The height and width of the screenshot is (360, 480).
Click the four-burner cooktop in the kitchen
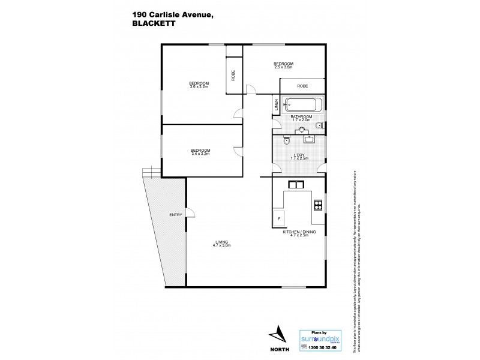pyautogui.click(x=317, y=206)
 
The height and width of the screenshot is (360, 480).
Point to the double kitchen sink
pyautogui.click(x=297, y=184)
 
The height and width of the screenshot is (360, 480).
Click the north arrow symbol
pyautogui.click(x=278, y=334)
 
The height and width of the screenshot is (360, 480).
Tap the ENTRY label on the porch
pyautogui.click(x=175, y=215)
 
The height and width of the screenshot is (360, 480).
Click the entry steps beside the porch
pyautogui.click(x=151, y=173)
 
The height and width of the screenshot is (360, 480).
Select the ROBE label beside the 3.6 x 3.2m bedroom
pyautogui.click(x=233, y=76)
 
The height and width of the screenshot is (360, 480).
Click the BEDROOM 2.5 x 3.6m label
pyautogui.click(x=283, y=65)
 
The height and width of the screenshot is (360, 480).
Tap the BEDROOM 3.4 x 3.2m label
pyautogui.click(x=200, y=151)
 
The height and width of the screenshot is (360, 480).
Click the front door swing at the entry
pyautogui.click(x=191, y=212)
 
